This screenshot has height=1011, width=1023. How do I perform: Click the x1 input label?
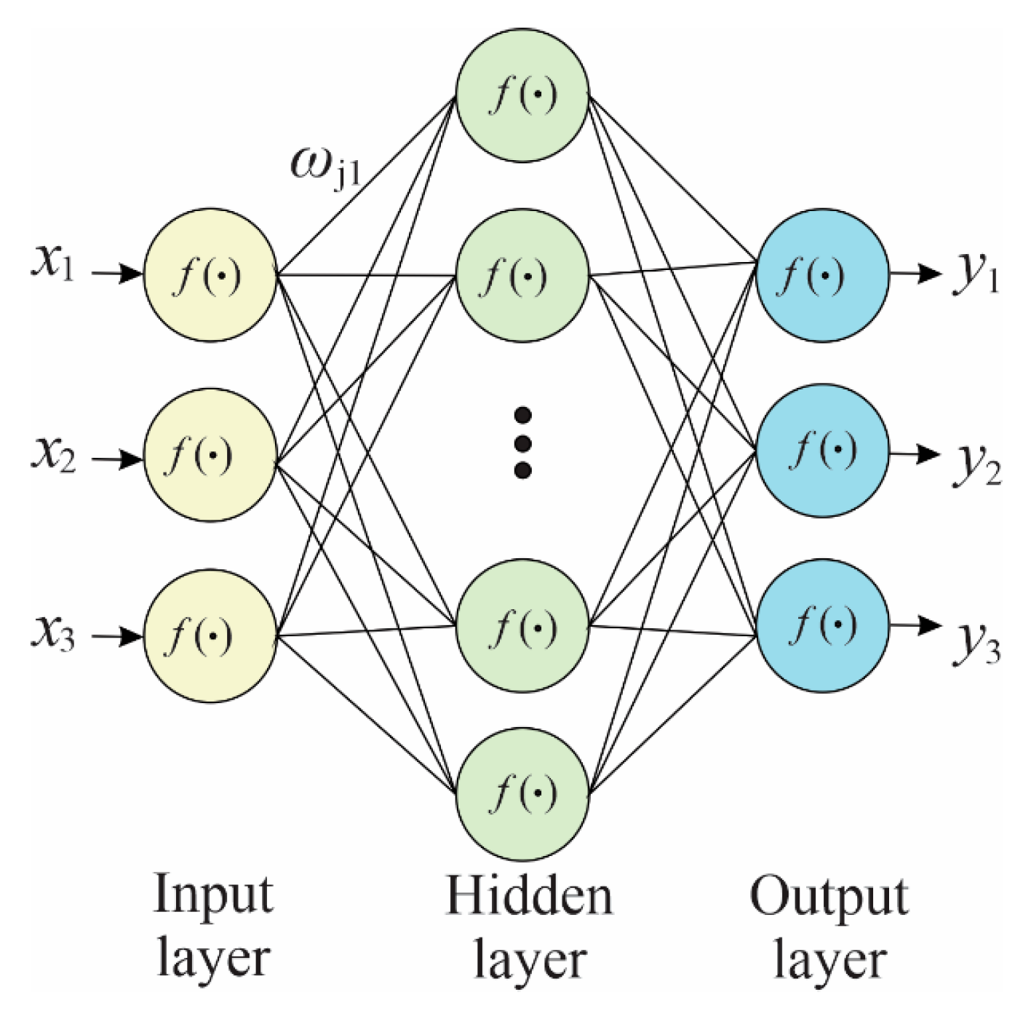point(53,263)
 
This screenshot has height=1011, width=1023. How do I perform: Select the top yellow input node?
point(210,275)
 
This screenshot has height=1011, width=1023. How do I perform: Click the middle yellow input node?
point(210,455)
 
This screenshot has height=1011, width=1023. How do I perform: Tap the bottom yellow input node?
point(210,635)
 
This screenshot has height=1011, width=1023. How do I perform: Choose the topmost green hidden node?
point(522,95)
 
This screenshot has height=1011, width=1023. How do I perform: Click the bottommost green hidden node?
point(522,793)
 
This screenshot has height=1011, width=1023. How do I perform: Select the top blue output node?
point(822,275)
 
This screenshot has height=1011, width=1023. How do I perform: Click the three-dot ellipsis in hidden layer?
point(522,443)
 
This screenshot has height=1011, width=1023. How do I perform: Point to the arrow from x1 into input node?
point(116,274)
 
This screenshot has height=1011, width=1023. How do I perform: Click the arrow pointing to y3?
point(915,625)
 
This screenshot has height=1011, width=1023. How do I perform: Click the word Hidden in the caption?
point(529,895)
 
